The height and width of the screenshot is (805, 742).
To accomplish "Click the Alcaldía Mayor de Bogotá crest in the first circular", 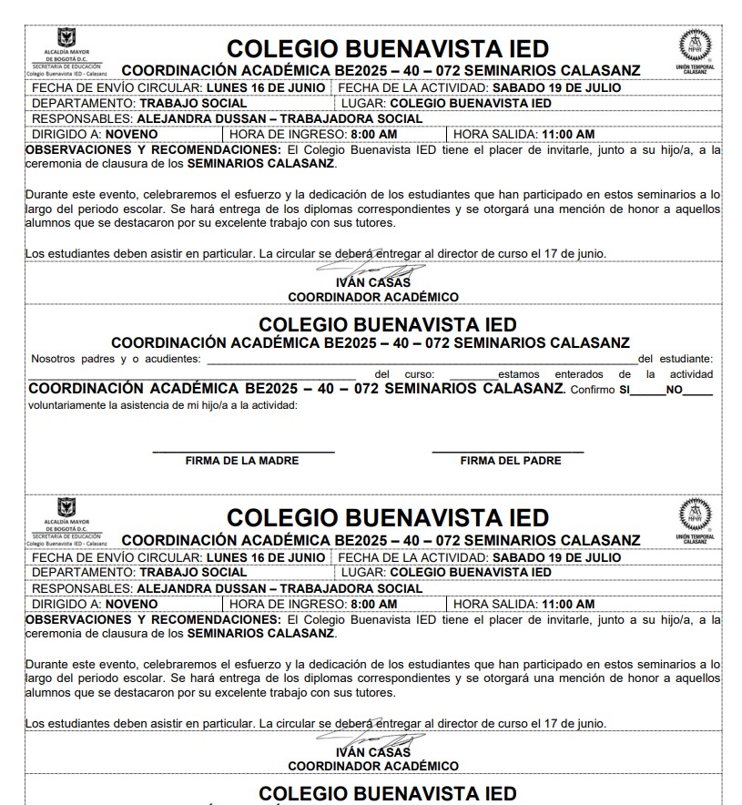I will coord(66,39).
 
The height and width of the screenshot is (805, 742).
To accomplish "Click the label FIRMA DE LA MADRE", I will coord(242,461).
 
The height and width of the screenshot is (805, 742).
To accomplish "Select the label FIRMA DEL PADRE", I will coord(511,461).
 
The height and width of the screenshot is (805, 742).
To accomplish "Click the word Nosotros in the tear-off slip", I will coord(53,359).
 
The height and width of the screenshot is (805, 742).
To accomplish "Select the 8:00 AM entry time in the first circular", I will coord(374,134).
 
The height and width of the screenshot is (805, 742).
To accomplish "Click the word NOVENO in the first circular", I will coord(131,134).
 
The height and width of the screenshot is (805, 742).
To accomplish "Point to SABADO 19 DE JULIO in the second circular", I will coord(557,557).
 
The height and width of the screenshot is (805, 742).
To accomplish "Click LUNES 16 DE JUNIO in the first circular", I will coord(266,87).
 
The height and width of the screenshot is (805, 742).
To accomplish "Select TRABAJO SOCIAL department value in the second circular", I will coord(193,572).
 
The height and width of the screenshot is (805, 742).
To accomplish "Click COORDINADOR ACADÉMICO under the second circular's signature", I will coord(373,767).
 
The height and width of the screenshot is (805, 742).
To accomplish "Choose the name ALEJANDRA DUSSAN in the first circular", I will coord(202,118).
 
